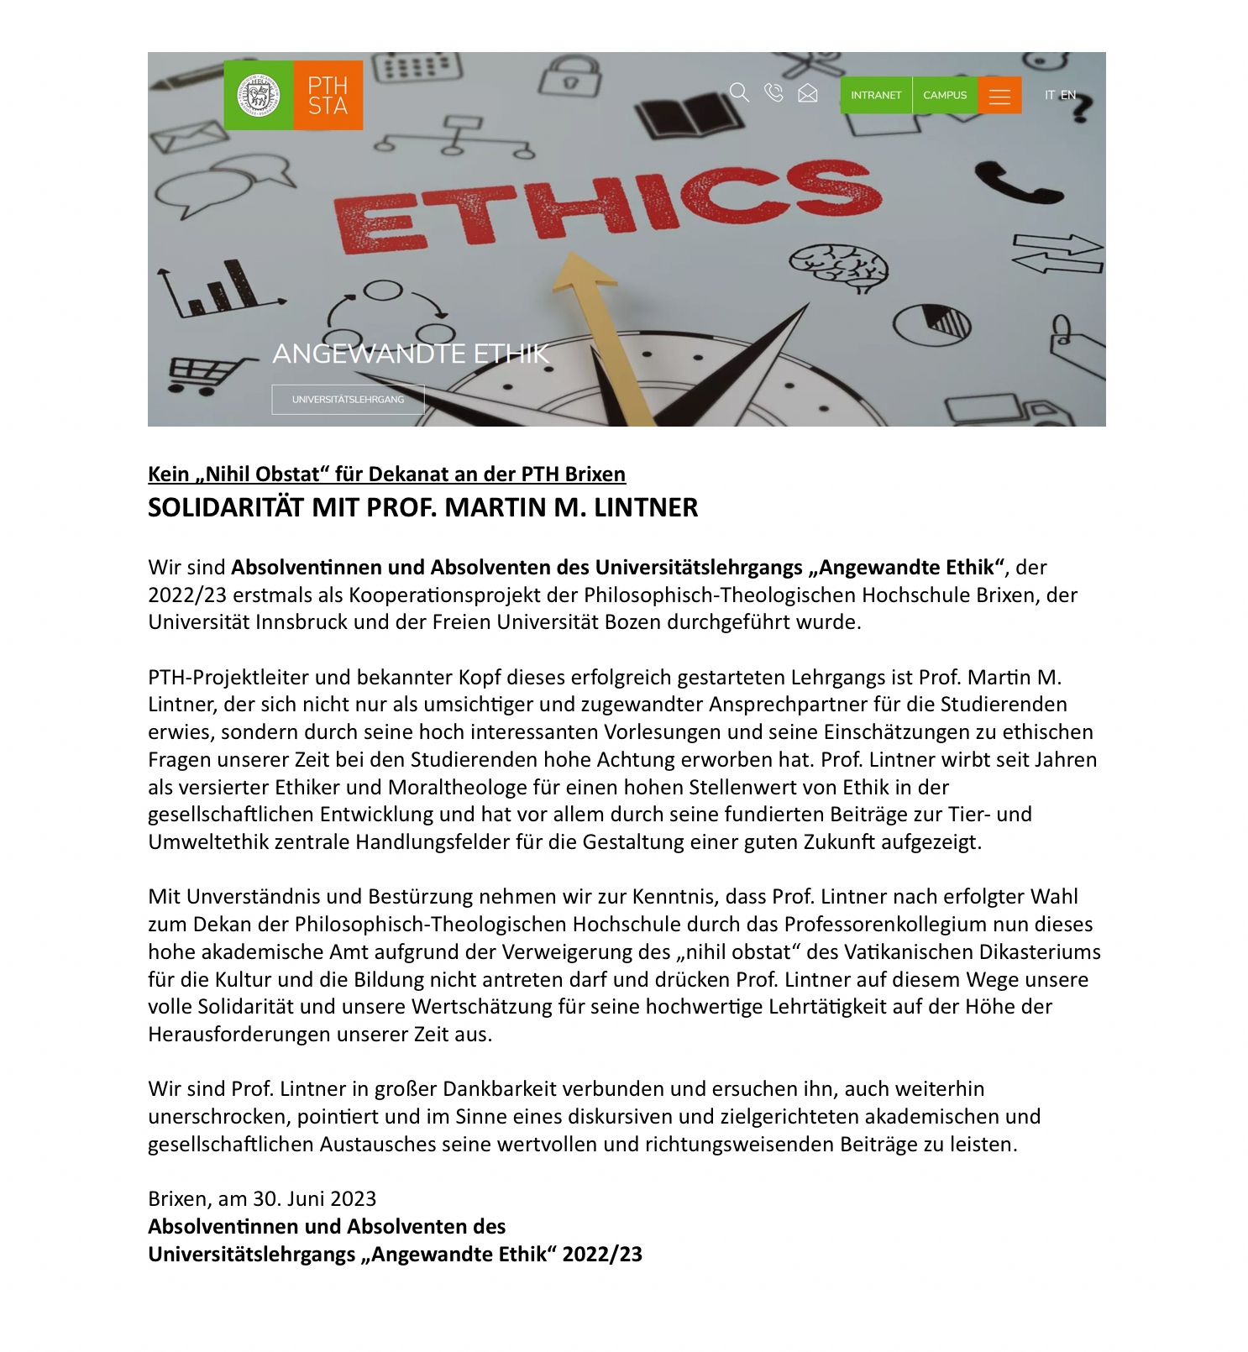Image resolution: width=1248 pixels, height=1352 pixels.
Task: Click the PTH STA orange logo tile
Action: coord(328,96)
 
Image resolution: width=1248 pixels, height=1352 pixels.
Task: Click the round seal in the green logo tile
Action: coord(259,96)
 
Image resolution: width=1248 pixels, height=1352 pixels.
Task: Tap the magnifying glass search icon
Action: coord(739,92)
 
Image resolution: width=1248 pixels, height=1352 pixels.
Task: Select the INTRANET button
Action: coord(876,96)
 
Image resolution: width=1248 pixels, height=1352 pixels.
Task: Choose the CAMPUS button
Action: coord(945,96)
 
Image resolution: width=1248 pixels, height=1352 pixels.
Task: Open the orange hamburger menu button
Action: coord(999,96)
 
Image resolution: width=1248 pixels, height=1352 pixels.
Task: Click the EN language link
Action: coord(1068,96)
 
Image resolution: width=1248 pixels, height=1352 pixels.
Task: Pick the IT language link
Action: coord(1050,96)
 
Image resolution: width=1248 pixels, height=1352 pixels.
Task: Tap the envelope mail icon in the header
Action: coord(808,93)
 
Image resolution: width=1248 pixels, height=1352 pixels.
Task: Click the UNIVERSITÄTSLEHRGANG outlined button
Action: coord(348,400)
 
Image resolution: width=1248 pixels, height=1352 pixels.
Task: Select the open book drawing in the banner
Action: coord(690,115)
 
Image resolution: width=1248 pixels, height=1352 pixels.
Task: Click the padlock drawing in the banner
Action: coord(570,76)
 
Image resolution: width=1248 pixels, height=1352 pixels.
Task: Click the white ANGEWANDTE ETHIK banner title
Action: coord(411,354)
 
